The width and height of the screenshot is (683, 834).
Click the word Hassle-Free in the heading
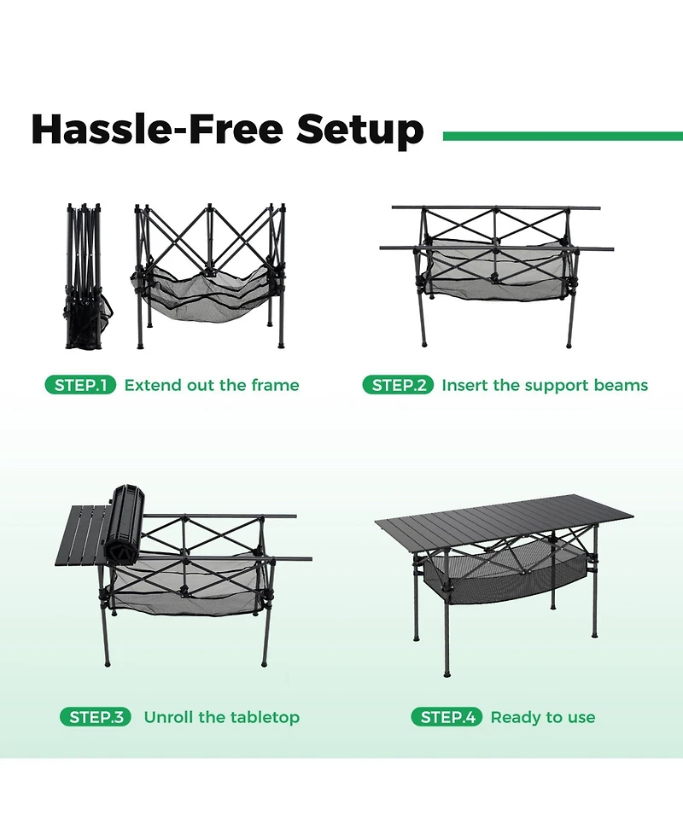pyautogui.click(x=157, y=130)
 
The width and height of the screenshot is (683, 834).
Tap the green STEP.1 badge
pyautogui.click(x=79, y=385)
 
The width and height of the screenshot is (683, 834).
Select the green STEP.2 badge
pyautogui.click(x=398, y=385)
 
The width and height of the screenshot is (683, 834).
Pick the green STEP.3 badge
pyautogui.click(x=96, y=717)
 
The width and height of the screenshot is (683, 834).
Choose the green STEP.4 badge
pyautogui.click(x=447, y=717)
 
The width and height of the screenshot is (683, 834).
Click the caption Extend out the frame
pyautogui.click(x=212, y=385)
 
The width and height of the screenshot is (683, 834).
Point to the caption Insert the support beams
pyautogui.click(x=545, y=385)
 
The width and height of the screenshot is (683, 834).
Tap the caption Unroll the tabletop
pyautogui.click(x=221, y=717)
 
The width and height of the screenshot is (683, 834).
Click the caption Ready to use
pyautogui.click(x=543, y=717)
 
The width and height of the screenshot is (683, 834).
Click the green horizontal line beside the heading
pyautogui.click(x=563, y=136)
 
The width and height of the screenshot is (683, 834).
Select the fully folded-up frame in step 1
pyautogui.click(x=84, y=277)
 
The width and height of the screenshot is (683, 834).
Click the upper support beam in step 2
pyautogui.click(x=495, y=207)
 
